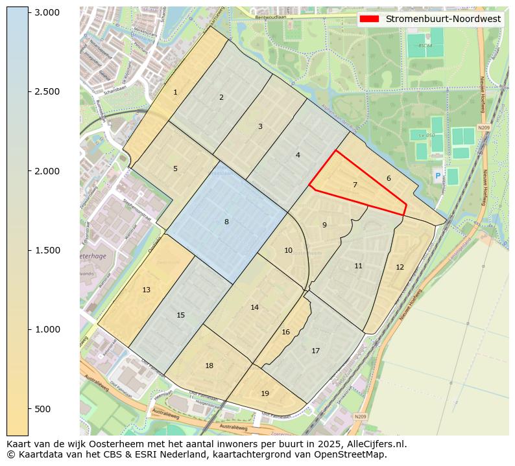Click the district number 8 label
226,222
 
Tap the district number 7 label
355,185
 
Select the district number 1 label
175,93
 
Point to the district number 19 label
265,393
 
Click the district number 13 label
147,290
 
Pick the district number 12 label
400,267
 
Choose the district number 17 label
315,351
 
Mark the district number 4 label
298,155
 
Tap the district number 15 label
181,316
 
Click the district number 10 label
288,250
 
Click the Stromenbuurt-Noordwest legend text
443,19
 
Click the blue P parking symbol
438,176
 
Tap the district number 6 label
389,178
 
